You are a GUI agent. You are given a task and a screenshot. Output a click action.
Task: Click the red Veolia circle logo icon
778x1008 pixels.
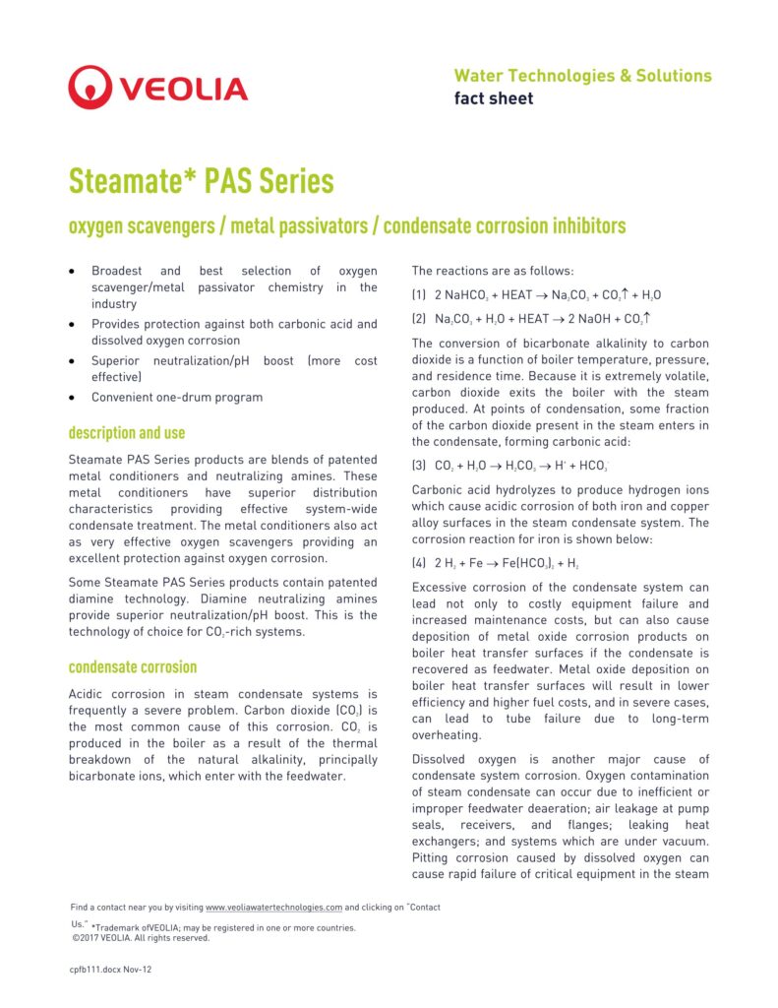point(90,87)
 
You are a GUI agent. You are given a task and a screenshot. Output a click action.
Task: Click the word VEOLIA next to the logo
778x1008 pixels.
point(183,89)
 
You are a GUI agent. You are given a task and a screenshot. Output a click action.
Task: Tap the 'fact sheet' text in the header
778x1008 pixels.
point(493,98)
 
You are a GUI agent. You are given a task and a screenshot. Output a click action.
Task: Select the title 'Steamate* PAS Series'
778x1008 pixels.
point(201,182)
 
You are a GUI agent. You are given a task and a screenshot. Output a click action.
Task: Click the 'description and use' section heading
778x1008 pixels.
point(126,432)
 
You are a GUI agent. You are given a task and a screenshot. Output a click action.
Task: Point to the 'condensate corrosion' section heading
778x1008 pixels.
point(132,667)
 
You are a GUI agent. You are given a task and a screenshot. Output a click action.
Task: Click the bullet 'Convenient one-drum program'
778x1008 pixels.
point(177,398)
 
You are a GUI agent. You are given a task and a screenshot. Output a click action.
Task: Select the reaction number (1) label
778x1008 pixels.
point(419,295)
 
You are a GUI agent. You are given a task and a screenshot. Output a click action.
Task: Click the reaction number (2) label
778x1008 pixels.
point(419,319)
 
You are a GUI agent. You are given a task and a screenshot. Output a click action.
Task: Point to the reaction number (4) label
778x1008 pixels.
point(419,563)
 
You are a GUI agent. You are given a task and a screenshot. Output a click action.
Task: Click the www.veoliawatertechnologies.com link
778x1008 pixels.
point(273,907)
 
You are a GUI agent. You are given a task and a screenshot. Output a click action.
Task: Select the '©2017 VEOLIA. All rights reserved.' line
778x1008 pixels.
point(141,938)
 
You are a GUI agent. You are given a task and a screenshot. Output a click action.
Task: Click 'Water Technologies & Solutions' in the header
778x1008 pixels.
point(582,76)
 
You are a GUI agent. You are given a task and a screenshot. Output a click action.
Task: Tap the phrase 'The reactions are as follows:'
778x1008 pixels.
point(493,271)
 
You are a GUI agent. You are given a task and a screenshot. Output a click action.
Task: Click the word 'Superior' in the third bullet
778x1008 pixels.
point(118,360)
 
